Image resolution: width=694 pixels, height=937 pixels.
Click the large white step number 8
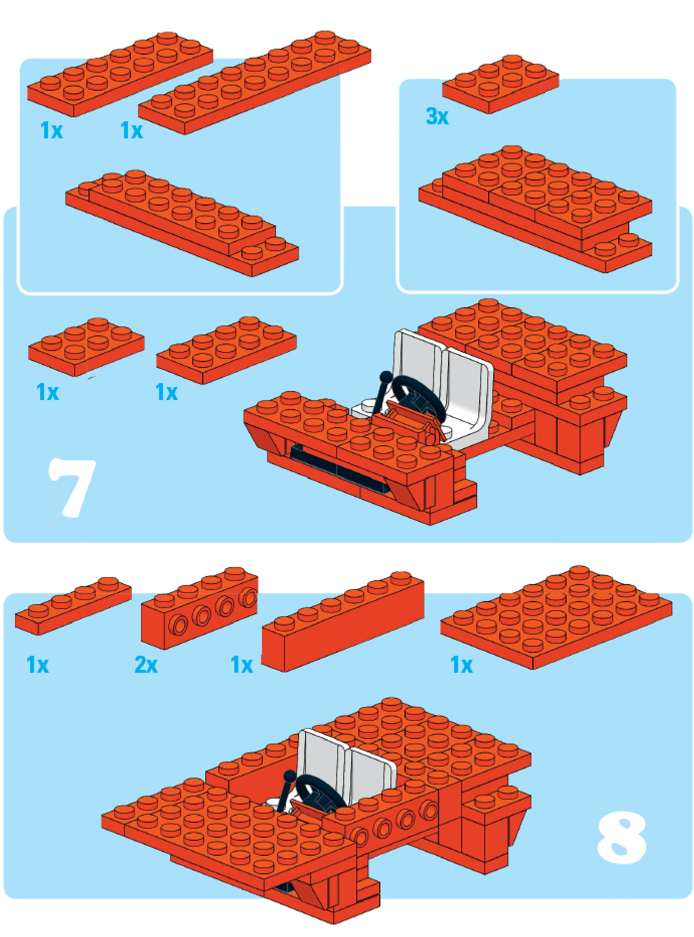pos(622,838)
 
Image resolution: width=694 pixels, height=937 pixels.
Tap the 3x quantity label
pos(437,116)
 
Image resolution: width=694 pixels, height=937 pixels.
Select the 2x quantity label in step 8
pos(146,665)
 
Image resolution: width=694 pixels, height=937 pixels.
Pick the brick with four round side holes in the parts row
pos(200,608)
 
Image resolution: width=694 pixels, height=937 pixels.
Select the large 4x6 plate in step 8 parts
pos(557,617)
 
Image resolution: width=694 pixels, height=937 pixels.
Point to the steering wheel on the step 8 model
pos(319,794)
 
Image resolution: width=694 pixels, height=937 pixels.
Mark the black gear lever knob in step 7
pos(385,377)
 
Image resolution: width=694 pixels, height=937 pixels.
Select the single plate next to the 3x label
pos(500,84)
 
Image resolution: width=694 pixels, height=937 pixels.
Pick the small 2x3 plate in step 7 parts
pos(86,346)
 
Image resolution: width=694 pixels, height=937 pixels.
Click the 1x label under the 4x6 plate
pos(462,665)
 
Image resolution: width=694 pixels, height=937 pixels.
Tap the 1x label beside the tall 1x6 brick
pos(242,665)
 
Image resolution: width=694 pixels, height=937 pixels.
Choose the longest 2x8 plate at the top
pos(255,82)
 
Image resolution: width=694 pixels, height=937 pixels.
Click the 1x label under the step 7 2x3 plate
pos(48,392)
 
